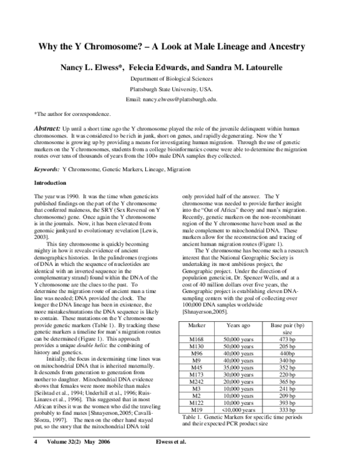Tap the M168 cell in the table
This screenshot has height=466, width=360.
click(203, 339)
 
